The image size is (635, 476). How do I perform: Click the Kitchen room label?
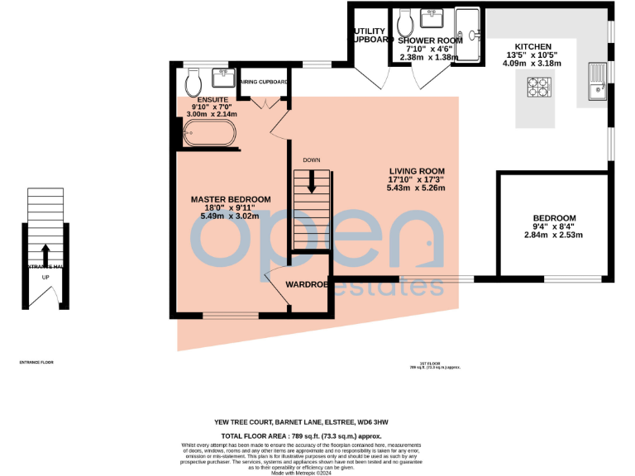533,46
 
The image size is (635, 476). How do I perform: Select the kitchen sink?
596,80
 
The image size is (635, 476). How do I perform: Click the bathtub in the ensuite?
208,132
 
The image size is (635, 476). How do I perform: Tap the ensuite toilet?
193,81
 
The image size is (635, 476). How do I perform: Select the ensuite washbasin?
222,77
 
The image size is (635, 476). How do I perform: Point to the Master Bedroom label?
231,199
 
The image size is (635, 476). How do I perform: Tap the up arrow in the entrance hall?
45,252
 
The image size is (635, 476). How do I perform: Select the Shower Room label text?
428,40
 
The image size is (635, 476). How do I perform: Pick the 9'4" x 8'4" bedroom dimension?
554,235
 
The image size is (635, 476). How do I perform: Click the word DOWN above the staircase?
311,159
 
